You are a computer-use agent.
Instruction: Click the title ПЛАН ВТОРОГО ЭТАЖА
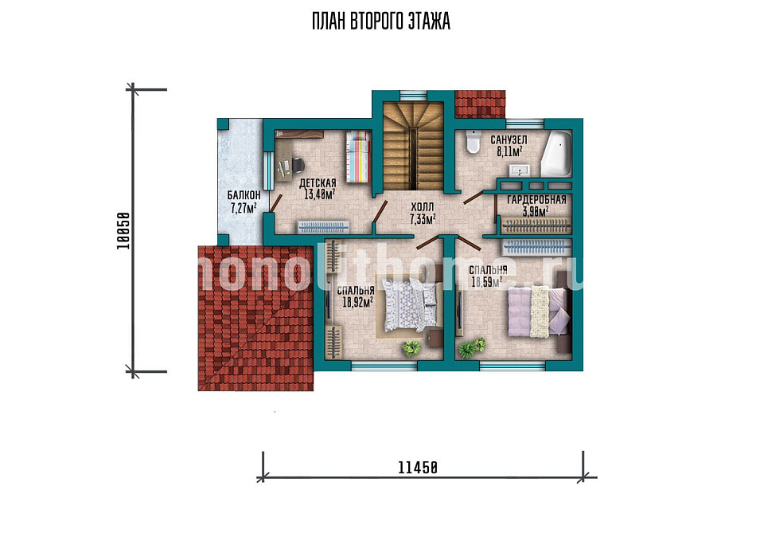pos(381,22)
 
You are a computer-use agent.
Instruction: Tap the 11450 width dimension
pos(418,468)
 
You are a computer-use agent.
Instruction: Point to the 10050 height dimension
pos(123,231)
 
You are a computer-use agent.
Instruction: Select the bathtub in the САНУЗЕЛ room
pos(556,154)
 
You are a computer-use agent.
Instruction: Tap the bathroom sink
pos(520,170)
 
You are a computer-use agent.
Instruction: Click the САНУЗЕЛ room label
pos(509,140)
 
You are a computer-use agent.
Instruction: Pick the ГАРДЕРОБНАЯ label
pos(536,200)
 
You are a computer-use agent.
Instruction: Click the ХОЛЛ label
pos(422,208)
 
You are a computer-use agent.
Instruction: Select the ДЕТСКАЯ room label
pos(318,183)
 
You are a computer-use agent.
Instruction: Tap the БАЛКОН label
pos(244,195)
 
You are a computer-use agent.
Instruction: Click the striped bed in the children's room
pos(358,156)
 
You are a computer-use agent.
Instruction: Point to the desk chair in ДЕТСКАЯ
pos(297,165)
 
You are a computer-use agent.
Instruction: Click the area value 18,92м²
pos(357,302)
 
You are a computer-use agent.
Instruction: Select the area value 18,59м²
pos(487,282)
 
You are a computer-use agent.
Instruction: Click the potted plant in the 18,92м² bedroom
pos(411,348)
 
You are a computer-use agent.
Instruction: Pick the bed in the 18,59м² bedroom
pos(540,312)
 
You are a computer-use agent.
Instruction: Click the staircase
pos(413,146)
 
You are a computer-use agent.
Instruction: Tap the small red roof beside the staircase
pos(479,104)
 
